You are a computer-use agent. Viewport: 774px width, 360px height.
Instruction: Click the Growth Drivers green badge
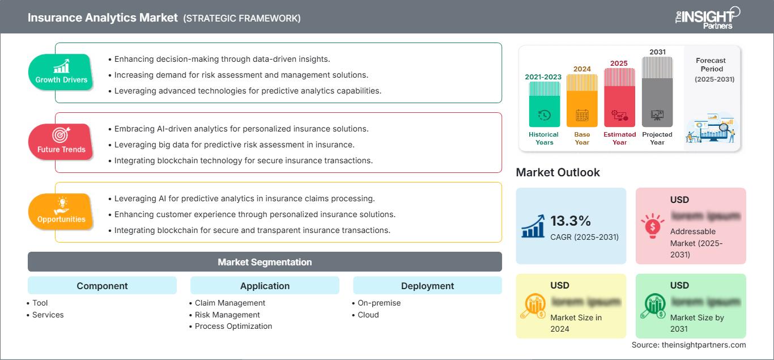pos(61,72)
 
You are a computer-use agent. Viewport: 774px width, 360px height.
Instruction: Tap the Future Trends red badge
pos(61,142)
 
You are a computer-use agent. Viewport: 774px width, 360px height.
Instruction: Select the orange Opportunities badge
pos(61,211)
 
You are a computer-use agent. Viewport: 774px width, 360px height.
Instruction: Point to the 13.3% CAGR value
pos(571,221)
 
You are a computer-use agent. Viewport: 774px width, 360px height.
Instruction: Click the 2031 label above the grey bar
pos(657,52)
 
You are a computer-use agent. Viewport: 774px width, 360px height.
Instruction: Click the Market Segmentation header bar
pos(265,262)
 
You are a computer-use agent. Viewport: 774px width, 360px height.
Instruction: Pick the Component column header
pos(102,286)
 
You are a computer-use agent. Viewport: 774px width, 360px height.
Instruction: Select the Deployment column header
pos(427,286)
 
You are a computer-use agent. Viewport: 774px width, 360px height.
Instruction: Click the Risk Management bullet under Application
pos(227,315)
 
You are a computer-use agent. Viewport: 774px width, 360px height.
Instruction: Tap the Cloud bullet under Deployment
pos(368,315)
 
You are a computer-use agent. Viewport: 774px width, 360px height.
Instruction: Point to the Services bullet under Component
pos(48,315)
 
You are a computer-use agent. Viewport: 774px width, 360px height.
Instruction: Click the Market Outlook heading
pos(558,172)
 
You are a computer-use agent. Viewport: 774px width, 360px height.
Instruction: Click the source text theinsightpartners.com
pos(688,345)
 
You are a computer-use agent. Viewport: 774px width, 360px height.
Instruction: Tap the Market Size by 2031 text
pos(697,323)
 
